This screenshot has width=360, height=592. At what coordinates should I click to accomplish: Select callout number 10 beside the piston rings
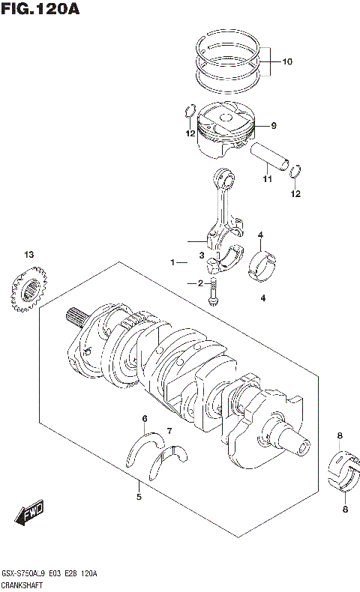click(288, 62)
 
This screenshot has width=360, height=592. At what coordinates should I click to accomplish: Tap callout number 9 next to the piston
click(274, 125)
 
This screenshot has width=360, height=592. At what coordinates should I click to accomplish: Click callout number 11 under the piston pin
click(266, 180)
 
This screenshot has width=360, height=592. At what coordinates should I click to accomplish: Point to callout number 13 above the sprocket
click(28, 256)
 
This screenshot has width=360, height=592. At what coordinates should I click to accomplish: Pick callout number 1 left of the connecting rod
click(172, 263)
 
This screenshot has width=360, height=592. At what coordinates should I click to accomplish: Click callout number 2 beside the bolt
click(201, 283)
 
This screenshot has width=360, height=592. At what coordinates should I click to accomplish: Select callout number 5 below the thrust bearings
click(139, 496)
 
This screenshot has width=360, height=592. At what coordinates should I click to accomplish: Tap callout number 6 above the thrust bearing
click(145, 418)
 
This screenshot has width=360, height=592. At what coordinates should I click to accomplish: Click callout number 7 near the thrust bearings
click(169, 431)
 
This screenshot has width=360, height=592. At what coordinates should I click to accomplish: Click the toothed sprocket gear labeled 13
click(29, 289)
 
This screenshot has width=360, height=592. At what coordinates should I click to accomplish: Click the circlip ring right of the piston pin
click(296, 172)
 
